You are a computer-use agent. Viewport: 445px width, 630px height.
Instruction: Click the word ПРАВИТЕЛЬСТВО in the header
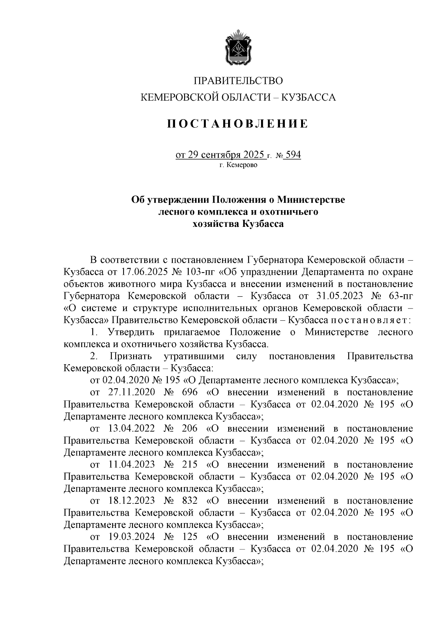click(238, 81)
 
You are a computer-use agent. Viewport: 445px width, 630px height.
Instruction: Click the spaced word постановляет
click(371, 320)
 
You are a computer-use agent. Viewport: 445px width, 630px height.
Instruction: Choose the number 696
click(189, 392)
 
